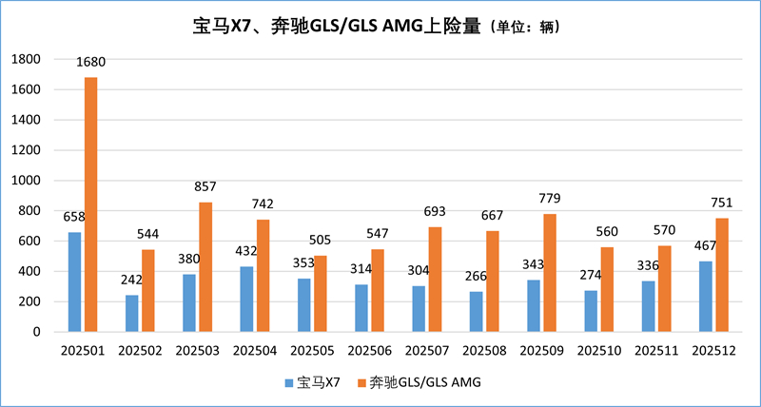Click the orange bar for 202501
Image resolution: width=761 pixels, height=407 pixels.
click(90, 204)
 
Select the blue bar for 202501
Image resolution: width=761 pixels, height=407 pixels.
click(74, 282)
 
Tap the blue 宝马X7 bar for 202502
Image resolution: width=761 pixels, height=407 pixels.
click(132, 314)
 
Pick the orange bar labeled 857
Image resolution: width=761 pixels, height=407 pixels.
click(205, 267)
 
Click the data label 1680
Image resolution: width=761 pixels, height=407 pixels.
click(91, 63)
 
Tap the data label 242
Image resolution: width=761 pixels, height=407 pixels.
click(130, 281)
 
